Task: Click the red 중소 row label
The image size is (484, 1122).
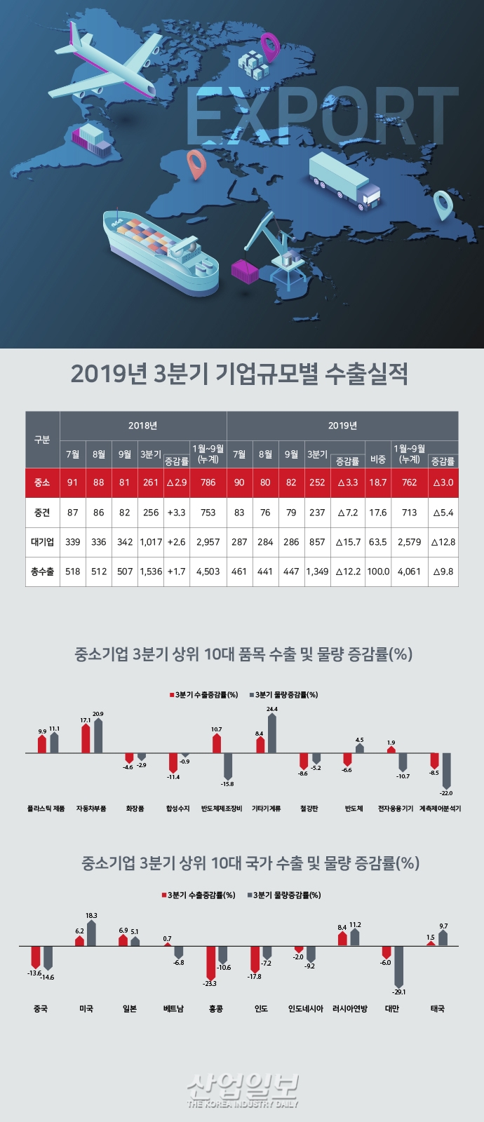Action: (42, 482)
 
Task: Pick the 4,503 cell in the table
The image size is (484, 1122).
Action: (208, 572)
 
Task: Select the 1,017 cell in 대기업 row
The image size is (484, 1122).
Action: (151, 542)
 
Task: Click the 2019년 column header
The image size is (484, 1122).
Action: (342, 426)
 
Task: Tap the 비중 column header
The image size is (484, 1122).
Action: (377, 460)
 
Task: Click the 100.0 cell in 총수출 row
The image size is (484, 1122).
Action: (377, 572)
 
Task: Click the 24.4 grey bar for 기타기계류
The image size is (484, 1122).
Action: (272, 734)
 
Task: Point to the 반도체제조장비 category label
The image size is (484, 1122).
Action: (222, 809)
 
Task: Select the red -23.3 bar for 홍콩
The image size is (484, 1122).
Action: (210, 962)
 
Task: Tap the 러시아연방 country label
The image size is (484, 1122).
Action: (350, 1008)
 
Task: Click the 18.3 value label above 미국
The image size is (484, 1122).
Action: (91, 916)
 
